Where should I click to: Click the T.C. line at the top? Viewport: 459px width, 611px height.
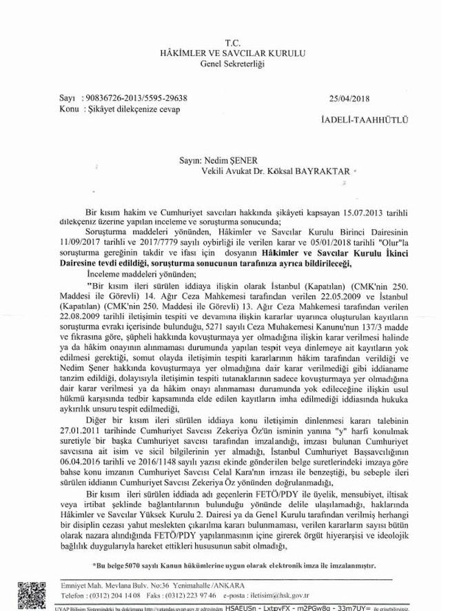229,42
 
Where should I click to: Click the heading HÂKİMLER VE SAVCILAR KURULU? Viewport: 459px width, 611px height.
229,53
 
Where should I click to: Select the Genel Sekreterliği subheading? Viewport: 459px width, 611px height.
229,64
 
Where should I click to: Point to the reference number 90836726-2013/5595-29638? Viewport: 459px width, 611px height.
134,99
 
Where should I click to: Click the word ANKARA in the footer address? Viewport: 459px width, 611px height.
212,585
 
